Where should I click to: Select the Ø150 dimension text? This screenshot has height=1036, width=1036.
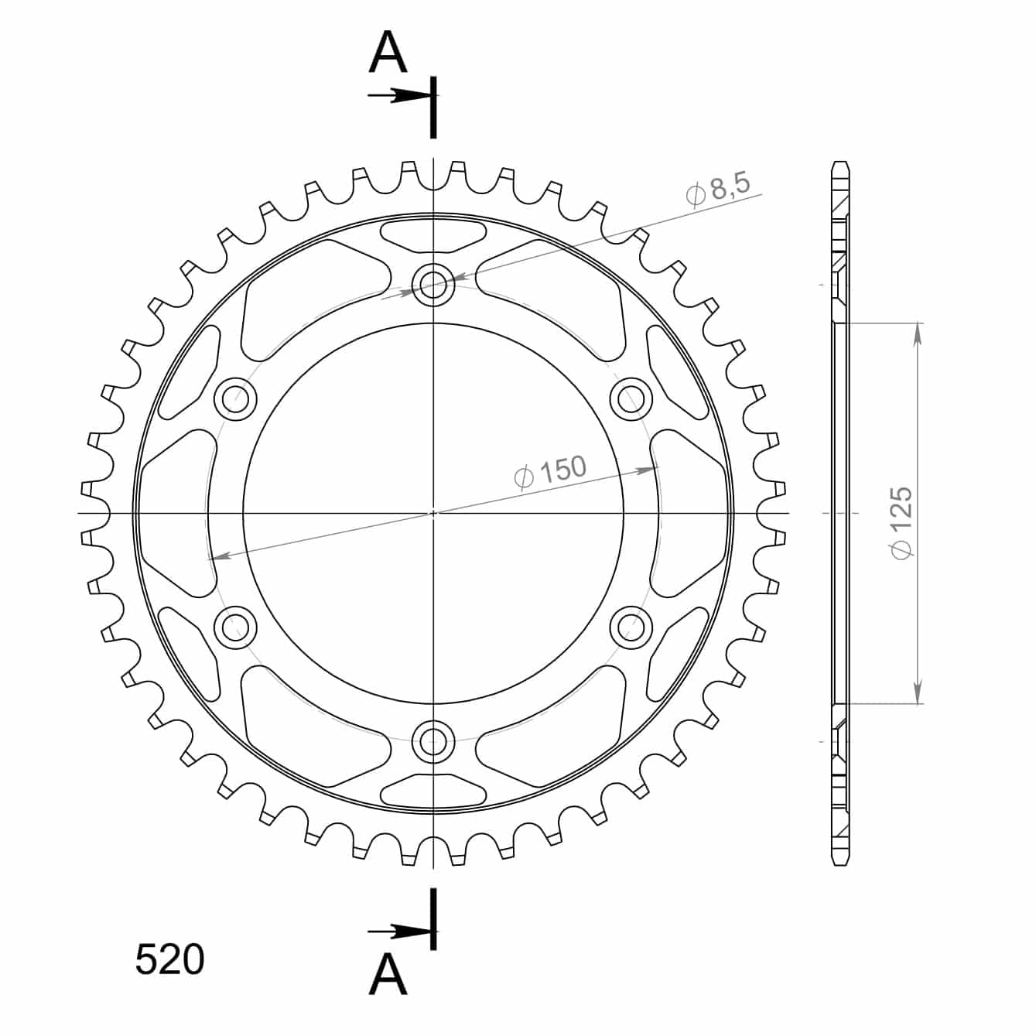tap(550, 472)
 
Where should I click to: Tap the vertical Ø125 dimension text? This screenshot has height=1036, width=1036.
tap(901, 522)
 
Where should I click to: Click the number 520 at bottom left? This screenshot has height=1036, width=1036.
tap(170, 959)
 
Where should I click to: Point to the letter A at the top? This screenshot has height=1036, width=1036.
tap(388, 52)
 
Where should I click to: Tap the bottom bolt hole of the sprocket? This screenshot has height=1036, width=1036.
tap(433, 742)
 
